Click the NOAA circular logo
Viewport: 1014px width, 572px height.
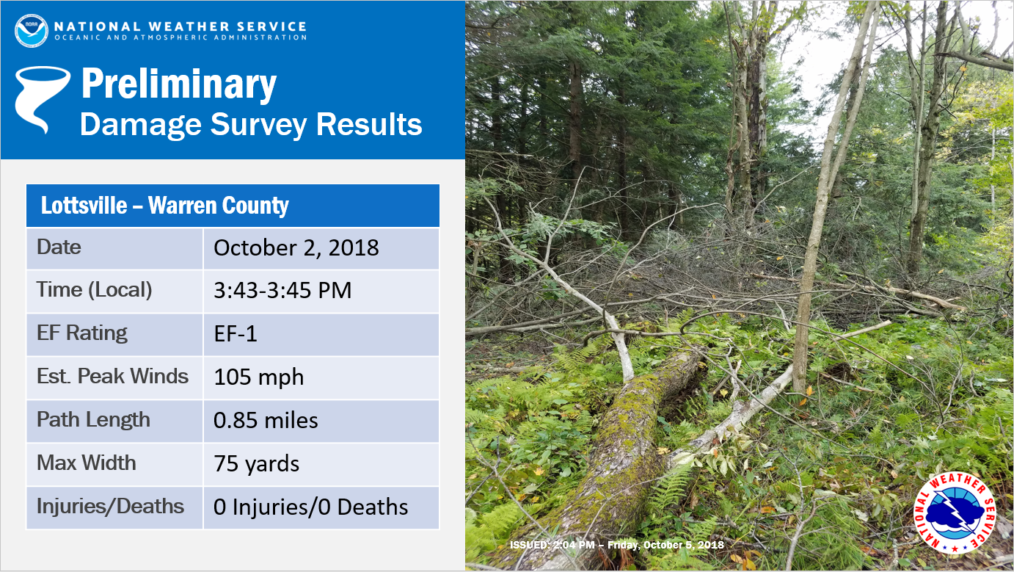click(x=32, y=30)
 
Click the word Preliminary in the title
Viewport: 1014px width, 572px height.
click(x=179, y=84)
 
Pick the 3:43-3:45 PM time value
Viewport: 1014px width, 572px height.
click(x=282, y=290)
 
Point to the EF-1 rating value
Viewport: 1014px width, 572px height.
click(x=236, y=334)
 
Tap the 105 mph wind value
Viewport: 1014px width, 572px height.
click(x=258, y=377)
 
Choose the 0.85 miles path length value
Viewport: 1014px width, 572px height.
click(x=266, y=420)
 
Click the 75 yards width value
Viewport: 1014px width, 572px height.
click(x=256, y=464)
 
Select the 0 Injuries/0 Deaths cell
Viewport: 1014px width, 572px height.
click(x=310, y=507)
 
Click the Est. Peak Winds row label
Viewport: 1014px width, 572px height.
click(x=112, y=376)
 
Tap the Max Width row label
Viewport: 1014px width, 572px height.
click(x=86, y=463)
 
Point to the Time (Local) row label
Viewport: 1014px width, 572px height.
click(x=94, y=290)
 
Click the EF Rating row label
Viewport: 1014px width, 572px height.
click(x=82, y=333)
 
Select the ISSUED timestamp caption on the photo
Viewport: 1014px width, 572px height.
click(x=616, y=545)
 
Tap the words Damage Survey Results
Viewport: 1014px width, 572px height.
click(x=251, y=125)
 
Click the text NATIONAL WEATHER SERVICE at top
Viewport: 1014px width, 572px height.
click(x=180, y=26)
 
